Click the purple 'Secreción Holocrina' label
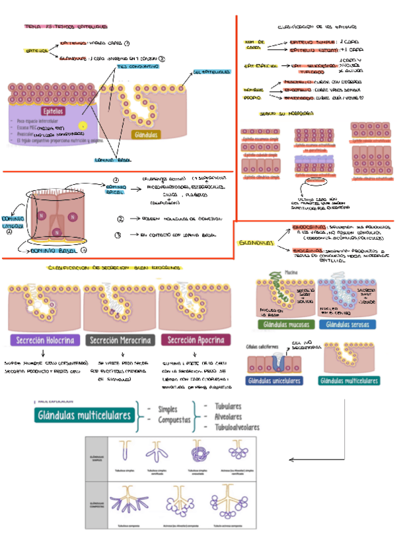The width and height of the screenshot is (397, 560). (x=44, y=340)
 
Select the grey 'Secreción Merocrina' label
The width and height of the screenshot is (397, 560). (x=121, y=340)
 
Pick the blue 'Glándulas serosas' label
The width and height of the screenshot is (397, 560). (x=347, y=324)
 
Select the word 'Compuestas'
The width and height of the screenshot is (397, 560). (x=174, y=419)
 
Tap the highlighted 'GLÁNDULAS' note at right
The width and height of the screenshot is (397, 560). (x=256, y=242)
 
